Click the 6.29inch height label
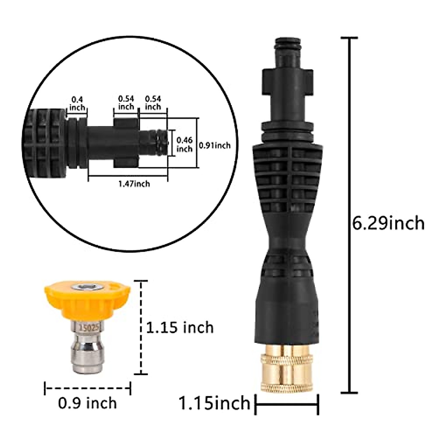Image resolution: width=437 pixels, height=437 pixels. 388,223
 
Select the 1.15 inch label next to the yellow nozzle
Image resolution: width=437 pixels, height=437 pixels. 180,327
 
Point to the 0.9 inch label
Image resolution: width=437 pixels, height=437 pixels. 87,403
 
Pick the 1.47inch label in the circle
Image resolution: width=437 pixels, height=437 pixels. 134,184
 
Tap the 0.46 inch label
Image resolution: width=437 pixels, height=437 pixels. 184,144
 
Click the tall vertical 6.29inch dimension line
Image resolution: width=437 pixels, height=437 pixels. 351,215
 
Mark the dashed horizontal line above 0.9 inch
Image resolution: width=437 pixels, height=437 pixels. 87,388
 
